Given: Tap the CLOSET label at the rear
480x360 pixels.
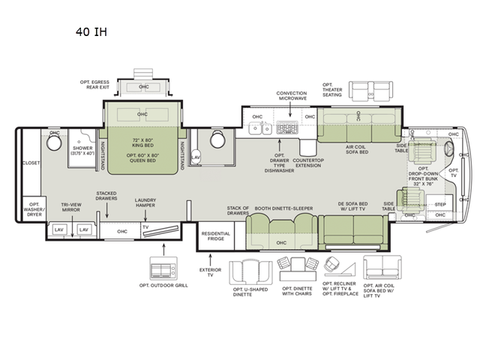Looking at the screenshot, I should click(x=32, y=162).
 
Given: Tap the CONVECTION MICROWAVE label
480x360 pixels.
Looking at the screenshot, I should click(x=292, y=96).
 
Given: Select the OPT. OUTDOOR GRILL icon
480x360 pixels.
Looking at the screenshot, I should click(x=162, y=268).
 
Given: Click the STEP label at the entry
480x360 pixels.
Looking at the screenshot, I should click(x=440, y=204).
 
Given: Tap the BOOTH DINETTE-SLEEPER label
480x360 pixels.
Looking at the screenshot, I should click(x=283, y=208).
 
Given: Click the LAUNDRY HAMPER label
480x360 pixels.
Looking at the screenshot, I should click(x=145, y=202).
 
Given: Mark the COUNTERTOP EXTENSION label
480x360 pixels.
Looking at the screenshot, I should click(x=308, y=162).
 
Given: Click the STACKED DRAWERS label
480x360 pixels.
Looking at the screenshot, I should click(x=106, y=196).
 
